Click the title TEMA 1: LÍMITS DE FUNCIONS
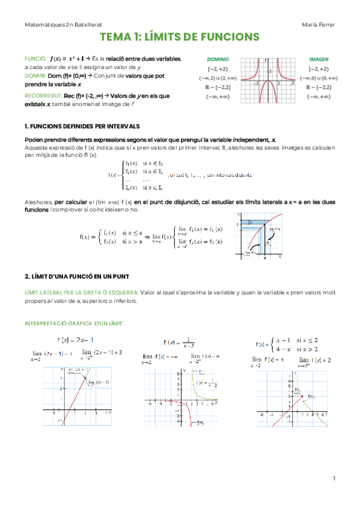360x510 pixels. coord(180,37)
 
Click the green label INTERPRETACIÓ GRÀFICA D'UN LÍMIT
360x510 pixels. coord(74,323)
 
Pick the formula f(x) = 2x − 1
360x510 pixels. coord(75,339)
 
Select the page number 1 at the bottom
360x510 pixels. coord(335,478)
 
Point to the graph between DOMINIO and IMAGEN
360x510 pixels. coord(269,81)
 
